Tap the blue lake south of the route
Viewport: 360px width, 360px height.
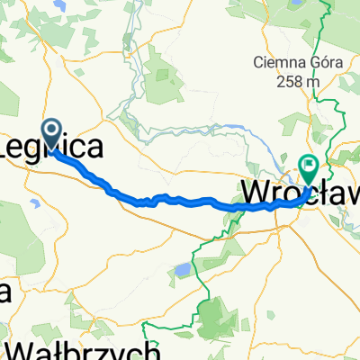pos(183,268)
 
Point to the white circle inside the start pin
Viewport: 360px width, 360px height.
pos(51,133)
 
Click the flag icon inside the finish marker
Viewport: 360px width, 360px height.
pos(309,165)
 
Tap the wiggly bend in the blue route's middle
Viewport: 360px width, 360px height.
pos(148,201)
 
